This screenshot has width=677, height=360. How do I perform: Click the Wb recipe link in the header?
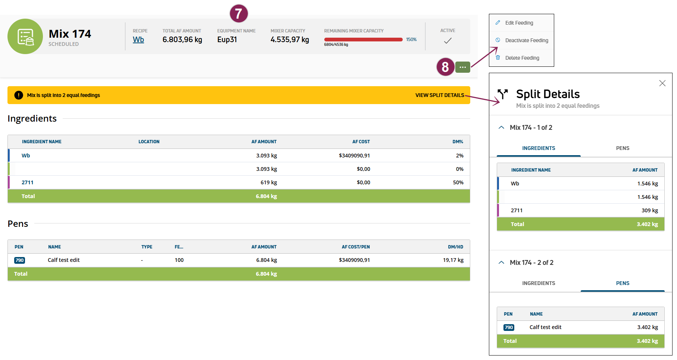point(138,40)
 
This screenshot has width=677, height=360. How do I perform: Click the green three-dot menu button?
point(462,67)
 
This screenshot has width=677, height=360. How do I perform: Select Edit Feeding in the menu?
point(519,23)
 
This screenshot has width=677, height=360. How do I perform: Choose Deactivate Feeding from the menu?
point(526,40)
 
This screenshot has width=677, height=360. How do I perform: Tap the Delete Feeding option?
point(522,58)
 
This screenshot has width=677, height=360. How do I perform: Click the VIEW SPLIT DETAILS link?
point(440,95)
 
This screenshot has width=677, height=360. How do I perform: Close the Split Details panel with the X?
point(662,83)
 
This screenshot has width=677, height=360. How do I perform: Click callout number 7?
point(238,14)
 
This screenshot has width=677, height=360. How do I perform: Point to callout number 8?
point(445,67)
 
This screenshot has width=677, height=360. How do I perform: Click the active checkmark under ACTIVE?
point(447,41)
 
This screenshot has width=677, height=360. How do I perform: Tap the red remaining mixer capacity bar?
point(363,40)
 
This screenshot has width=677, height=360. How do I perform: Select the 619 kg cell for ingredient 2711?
point(268,182)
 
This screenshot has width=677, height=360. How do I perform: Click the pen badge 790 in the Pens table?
point(20,260)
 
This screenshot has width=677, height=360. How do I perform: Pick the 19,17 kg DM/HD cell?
point(453,260)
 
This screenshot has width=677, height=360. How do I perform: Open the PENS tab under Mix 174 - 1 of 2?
point(622,148)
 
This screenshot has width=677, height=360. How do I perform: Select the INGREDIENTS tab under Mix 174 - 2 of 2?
point(538,283)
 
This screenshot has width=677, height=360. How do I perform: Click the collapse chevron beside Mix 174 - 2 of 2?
point(501,263)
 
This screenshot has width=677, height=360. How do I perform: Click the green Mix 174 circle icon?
point(25,37)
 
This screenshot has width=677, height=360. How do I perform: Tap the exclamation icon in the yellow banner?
point(19,95)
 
